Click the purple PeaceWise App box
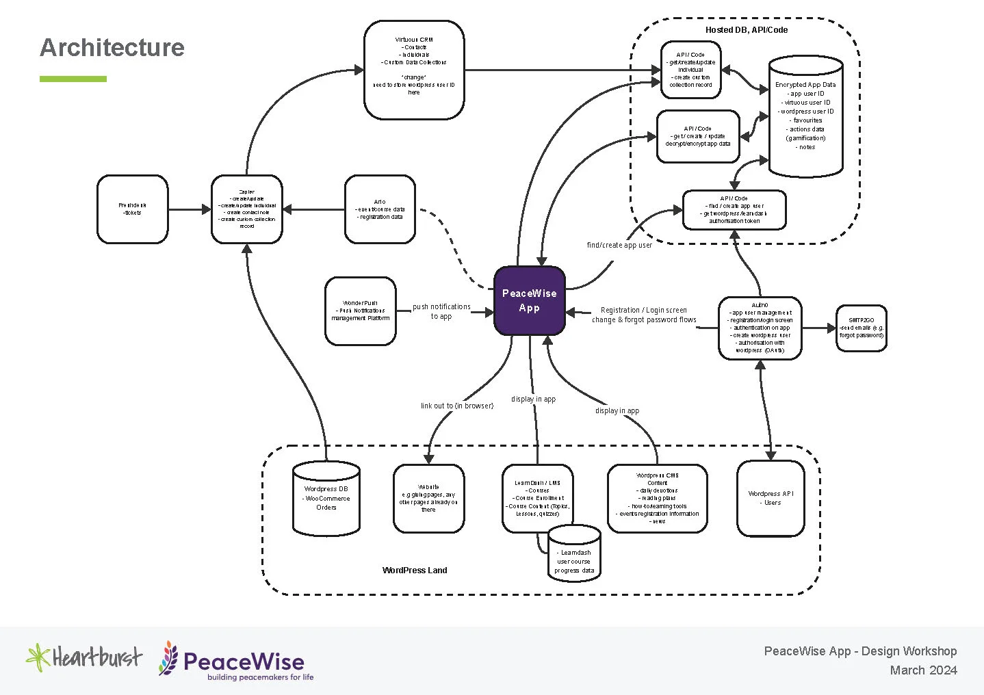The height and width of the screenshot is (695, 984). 529,301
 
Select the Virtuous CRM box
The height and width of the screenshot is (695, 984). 414,69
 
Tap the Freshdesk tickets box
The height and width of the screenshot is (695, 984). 132,209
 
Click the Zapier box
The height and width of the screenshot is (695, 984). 246,209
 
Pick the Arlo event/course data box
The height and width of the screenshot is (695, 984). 380,209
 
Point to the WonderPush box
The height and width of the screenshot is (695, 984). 360,311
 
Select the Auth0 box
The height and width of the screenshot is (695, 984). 760,328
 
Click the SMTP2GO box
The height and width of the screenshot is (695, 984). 861,328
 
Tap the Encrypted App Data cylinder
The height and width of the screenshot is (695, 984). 805,116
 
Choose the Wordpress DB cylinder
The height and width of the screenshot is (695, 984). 326,499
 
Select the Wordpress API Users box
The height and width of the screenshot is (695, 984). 771,498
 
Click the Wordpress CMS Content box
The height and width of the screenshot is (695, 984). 657,498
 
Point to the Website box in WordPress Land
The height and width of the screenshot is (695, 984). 428,498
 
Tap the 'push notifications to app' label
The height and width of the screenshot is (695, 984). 441,311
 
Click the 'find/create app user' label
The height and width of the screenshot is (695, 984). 619,245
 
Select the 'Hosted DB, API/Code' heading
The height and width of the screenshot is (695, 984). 747,30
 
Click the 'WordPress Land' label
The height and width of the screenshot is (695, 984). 415,570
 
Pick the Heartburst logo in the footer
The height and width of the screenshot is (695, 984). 84,657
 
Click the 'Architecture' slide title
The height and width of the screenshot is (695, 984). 112,47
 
